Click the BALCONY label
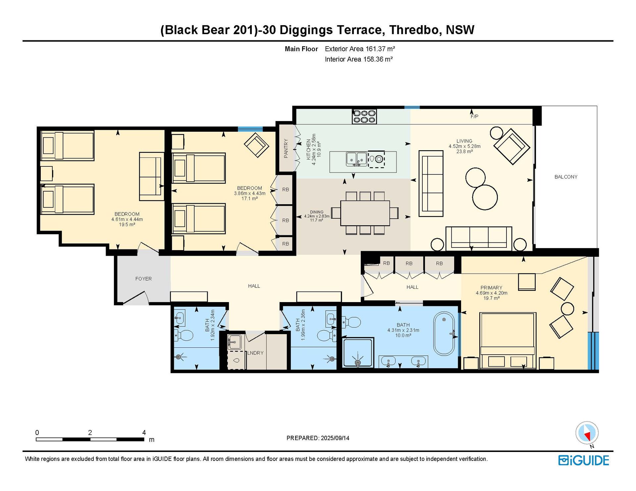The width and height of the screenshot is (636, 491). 566,177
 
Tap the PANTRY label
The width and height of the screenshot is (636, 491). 286,148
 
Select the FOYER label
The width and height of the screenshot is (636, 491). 143,279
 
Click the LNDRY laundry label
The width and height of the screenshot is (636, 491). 255,353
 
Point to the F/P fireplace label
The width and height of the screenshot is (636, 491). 474,116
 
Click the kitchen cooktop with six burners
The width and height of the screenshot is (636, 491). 364,116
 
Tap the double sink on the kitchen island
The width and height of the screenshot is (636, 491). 356,159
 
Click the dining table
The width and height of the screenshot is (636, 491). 365,213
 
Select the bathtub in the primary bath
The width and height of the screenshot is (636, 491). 444,334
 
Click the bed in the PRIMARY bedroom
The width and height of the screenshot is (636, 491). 507,341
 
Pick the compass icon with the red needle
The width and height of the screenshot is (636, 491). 587,433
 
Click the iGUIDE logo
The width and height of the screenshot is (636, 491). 584,460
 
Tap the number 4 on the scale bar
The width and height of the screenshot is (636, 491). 144,432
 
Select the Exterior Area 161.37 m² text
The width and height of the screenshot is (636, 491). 360,49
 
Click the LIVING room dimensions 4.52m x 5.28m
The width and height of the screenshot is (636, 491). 464,146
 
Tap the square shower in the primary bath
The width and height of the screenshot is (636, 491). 358,353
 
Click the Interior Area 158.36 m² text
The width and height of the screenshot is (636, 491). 359,59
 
